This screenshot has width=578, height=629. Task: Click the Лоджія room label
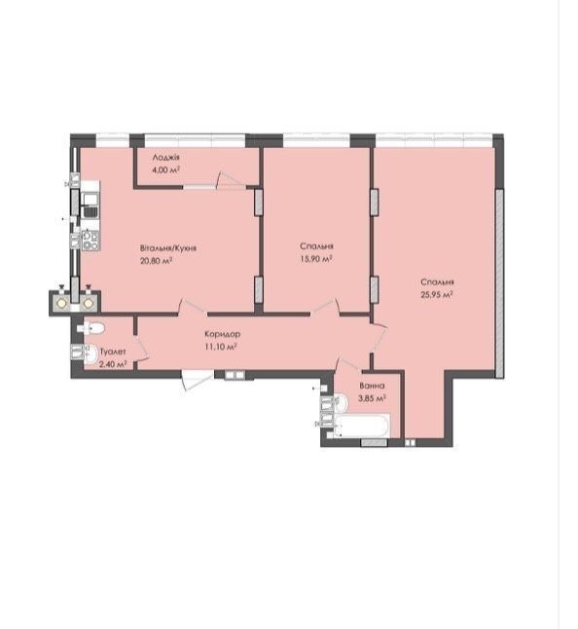click(x=165, y=158)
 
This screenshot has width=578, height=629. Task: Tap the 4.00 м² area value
click(x=165, y=169)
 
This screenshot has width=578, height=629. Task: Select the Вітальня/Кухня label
click(x=168, y=248)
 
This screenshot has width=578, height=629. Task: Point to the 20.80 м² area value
click(x=157, y=261)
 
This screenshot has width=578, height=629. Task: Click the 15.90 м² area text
click(x=316, y=259)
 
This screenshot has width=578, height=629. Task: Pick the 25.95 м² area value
click(x=437, y=294)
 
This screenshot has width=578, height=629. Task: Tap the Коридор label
click(x=223, y=334)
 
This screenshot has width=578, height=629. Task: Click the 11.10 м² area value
click(x=221, y=347)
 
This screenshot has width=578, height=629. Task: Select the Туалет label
click(x=113, y=351)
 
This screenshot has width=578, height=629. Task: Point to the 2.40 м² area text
click(x=113, y=364)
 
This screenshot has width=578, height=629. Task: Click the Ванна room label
click(x=372, y=386)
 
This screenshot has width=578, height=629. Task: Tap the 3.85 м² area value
click(x=373, y=398)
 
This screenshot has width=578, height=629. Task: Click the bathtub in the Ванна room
click(x=361, y=426)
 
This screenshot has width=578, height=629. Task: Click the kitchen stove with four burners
click(x=90, y=240)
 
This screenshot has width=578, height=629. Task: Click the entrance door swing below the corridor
click(x=196, y=379)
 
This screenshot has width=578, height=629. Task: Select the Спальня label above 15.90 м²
click(x=316, y=246)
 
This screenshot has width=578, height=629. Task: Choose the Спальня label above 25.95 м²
click(x=437, y=281)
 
